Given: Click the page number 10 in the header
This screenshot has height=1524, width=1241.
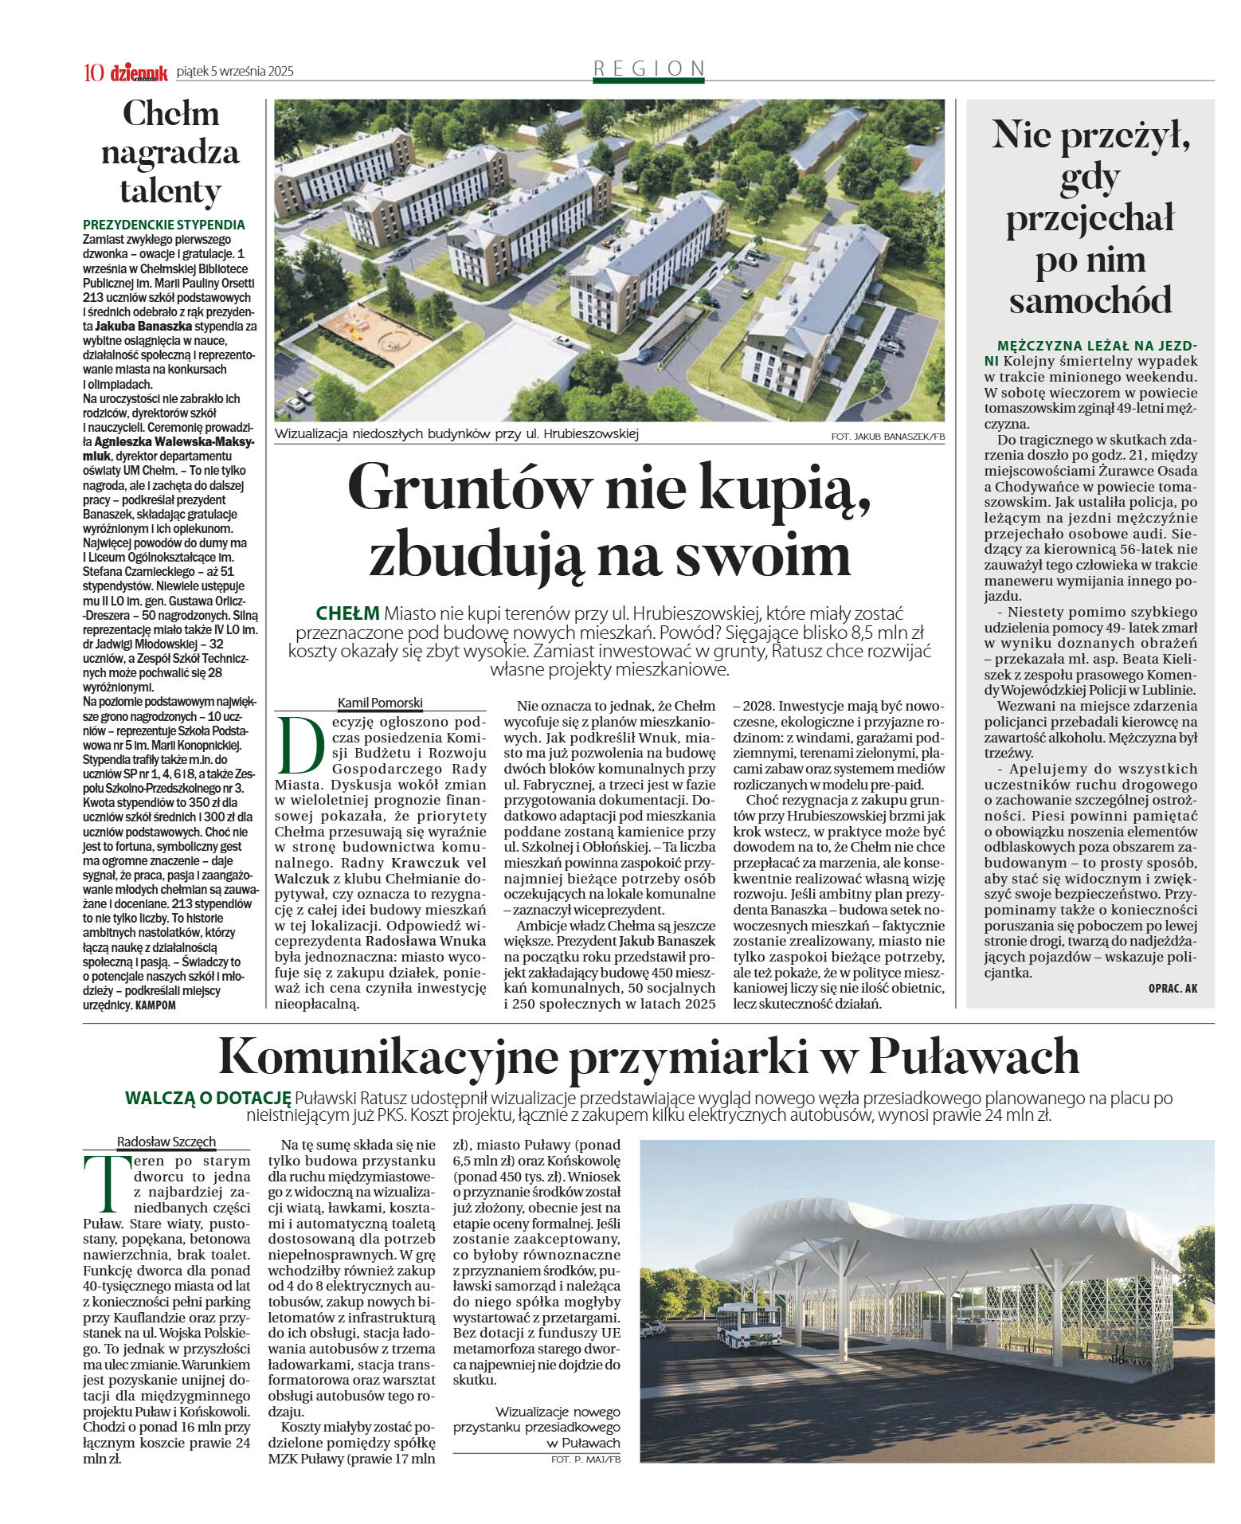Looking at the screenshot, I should pyautogui.click(x=93, y=72).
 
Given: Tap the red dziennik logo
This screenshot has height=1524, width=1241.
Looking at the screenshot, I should pyautogui.click(x=139, y=72).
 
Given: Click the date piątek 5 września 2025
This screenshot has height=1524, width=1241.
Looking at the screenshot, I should pyautogui.click(x=235, y=72).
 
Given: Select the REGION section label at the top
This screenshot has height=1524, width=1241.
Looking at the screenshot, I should pyautogui.click(x=649, y=69).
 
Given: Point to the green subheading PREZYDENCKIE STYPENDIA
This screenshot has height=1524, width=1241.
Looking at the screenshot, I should pyautogui.click(x=164, y=225).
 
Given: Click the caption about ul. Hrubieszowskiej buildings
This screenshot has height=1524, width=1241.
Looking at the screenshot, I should pyautogui.click(x=456, y=434).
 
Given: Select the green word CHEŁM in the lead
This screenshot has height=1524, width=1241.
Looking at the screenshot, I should pyautogui.click(x=347, y=613).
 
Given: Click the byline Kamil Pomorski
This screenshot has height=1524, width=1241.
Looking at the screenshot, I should pyautogui.click(x=380, y=703).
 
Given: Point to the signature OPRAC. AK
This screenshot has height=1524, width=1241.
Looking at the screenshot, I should pyautogui.click(x=1172, y=988).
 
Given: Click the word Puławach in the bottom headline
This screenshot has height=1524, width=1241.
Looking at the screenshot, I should pyautogui.click(x=973, y=1056).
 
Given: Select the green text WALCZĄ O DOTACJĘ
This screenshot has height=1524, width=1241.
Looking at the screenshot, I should pyautogui.click(x=207, y=1098).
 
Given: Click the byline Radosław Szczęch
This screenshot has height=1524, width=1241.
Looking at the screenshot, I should pyautogui.click(x=166, y=1141).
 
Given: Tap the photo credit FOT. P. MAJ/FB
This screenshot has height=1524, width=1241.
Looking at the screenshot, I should pyautogui.click(x=585, y=1459).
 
